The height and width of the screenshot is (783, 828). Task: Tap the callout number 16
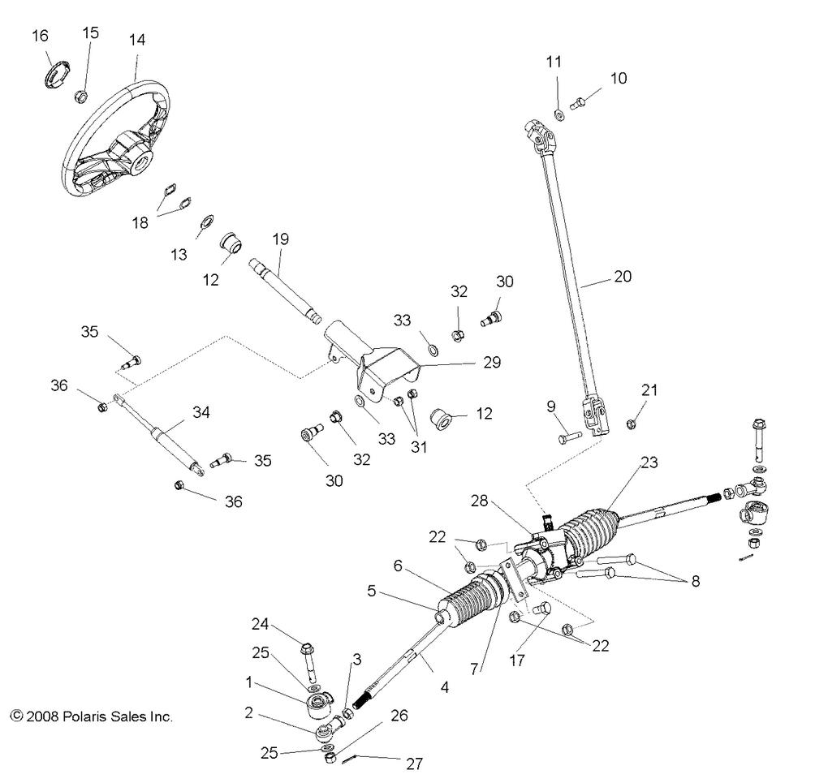coord(40,36)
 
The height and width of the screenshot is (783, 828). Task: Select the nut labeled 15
coord(80,97)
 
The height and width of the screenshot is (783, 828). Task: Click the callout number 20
coord(623,276)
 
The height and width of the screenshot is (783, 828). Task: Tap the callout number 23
coord(649,463)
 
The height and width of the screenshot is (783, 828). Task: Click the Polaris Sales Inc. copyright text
coord(92,716)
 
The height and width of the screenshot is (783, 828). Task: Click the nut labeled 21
coord(631,423)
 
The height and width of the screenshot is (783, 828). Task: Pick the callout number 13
coord(179,255)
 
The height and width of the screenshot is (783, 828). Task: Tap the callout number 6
coord(398,566)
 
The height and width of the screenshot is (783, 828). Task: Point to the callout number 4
coord(444,688)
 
